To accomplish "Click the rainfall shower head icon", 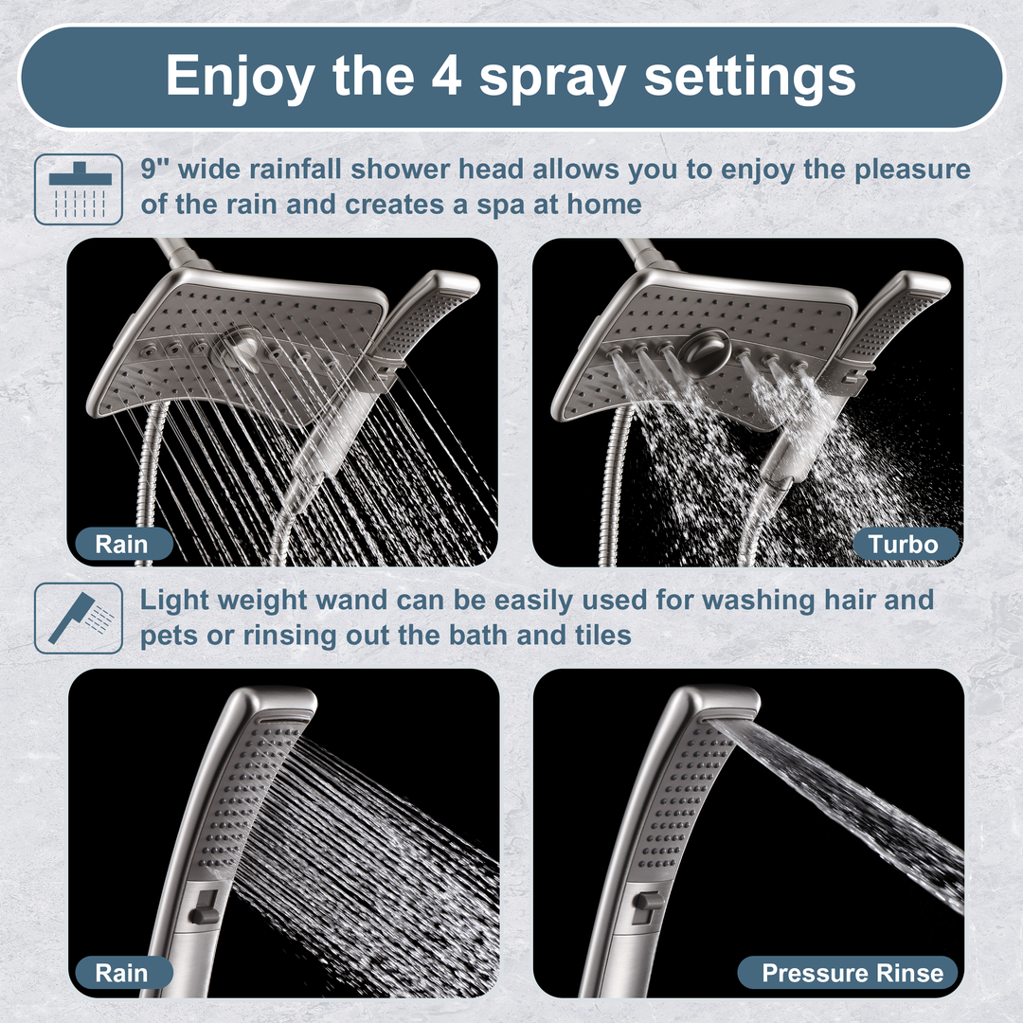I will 79,188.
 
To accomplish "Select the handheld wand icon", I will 79,618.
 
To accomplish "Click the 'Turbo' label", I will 905,544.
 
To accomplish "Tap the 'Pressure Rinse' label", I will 852,973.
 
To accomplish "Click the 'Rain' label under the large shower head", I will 122,544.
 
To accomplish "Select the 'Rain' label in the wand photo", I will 122,973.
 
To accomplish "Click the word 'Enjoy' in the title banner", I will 238,76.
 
